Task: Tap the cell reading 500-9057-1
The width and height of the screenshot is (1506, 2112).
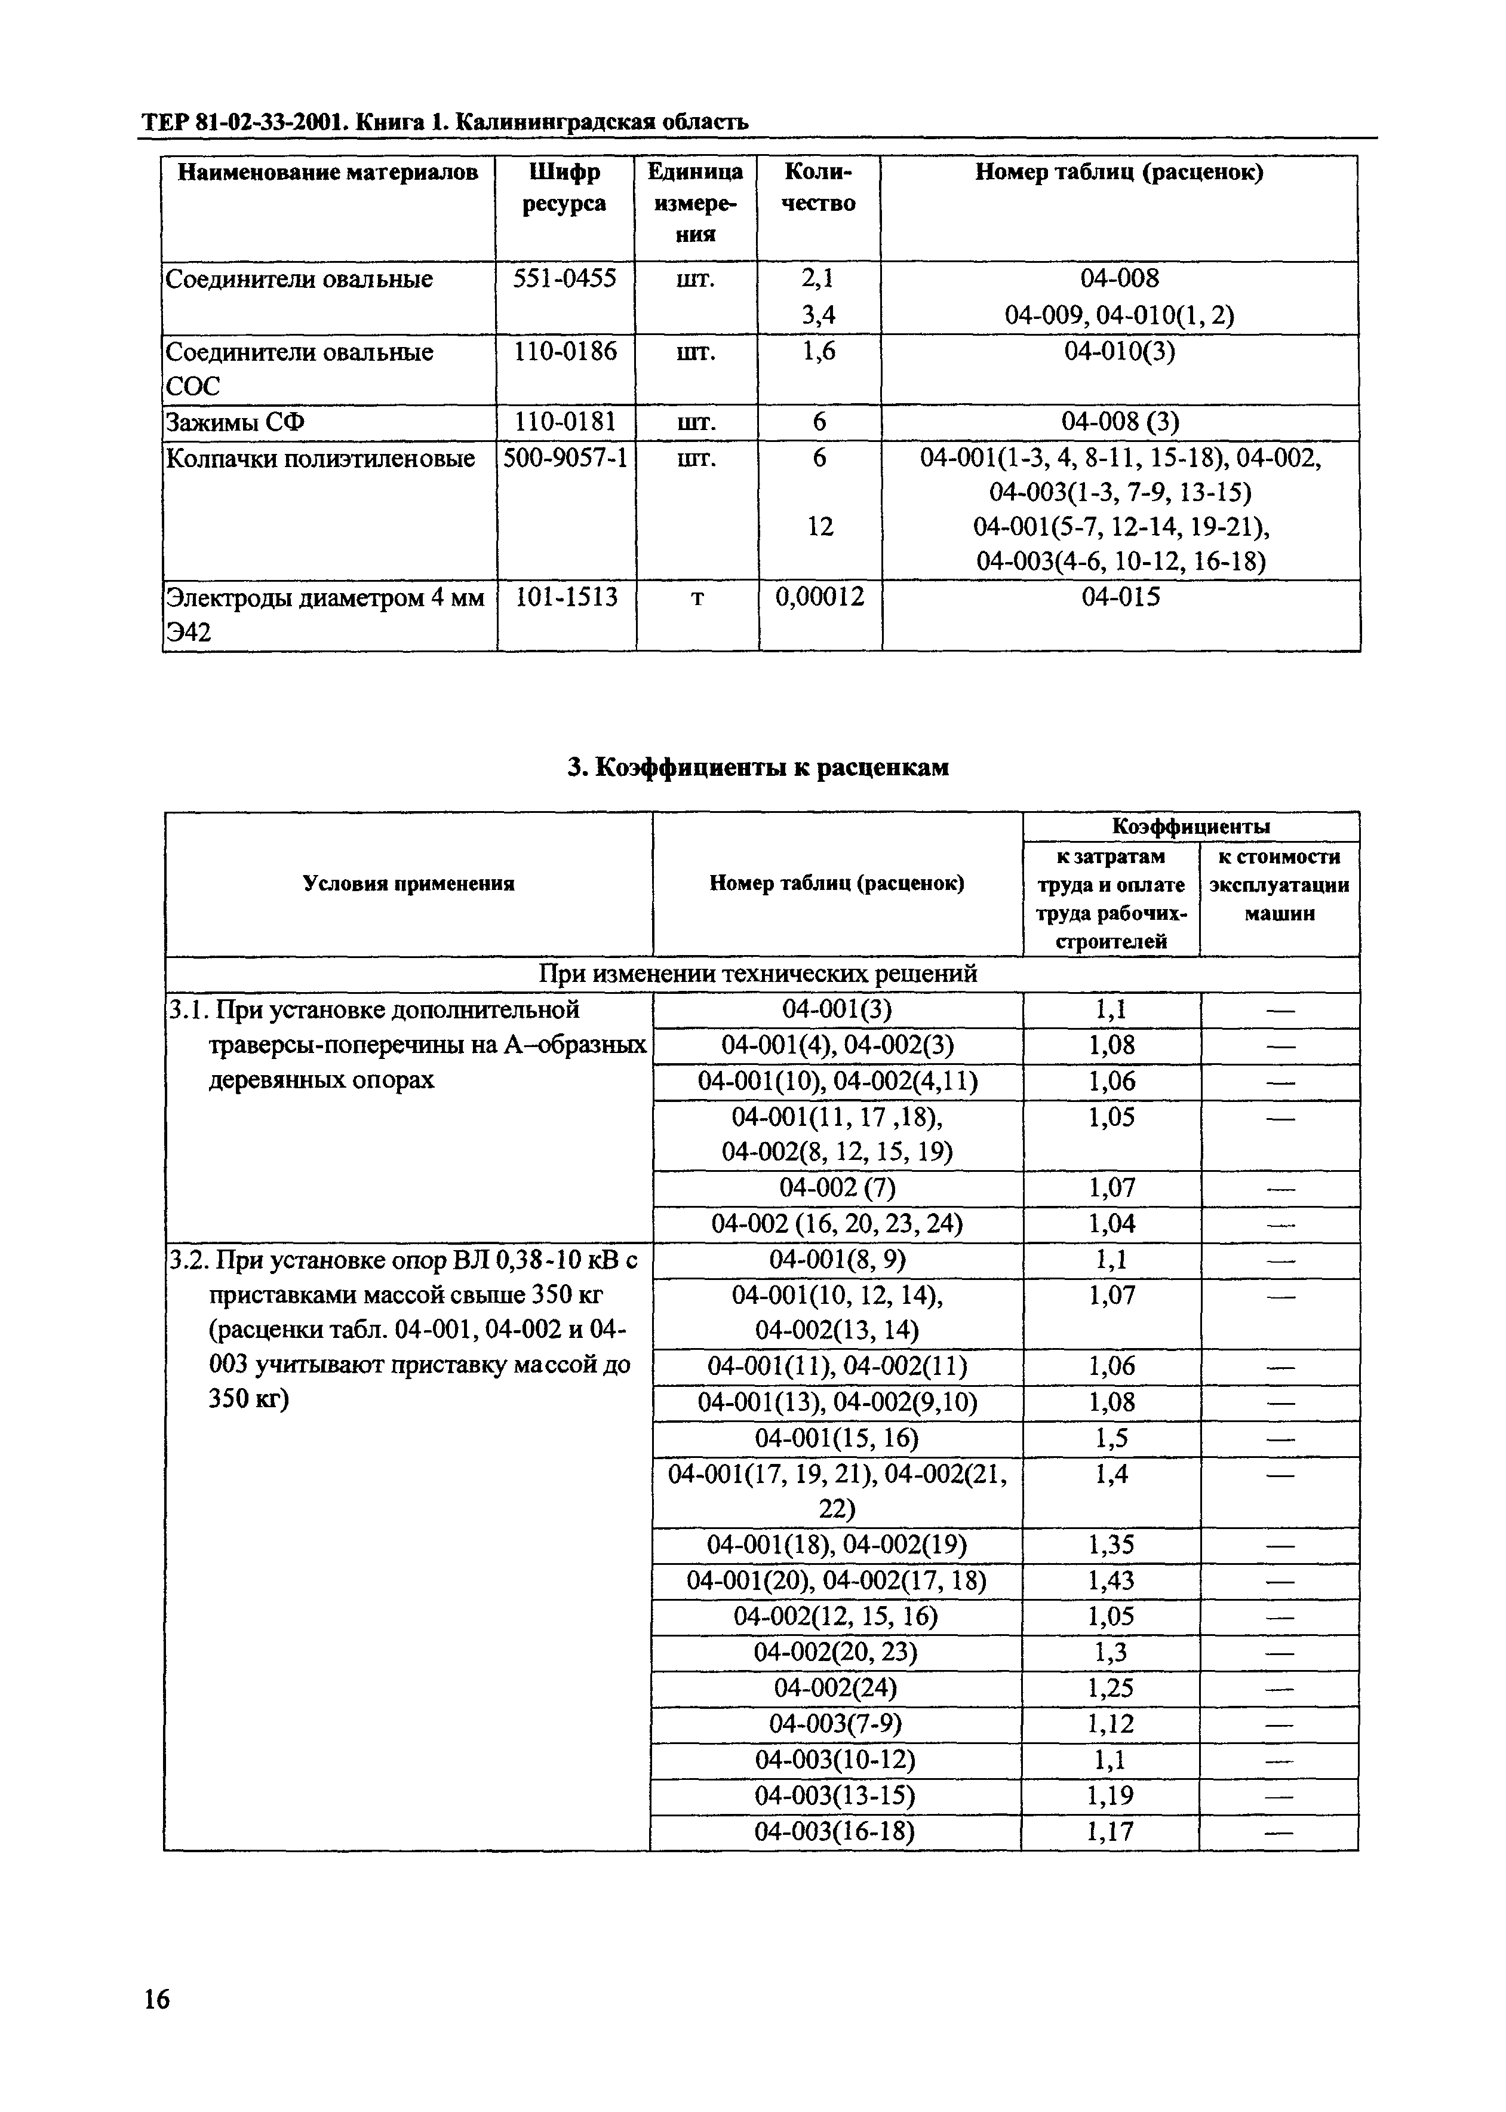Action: click(565, 458)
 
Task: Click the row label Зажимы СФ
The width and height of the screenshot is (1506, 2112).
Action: click(235, 423)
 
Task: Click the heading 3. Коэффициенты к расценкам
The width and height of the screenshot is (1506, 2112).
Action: click(758, 767)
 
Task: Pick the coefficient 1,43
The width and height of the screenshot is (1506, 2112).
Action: click(1110, 1580)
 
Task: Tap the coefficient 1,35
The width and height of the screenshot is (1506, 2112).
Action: click(1110, 1545)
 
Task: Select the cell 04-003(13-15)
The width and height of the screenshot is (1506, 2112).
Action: click(835, 1795)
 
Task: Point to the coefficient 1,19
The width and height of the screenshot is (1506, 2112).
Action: click(1110, 1795)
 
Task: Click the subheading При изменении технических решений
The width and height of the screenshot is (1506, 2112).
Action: click(758, 974)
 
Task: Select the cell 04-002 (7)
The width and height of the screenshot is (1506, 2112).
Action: click(837, 1188)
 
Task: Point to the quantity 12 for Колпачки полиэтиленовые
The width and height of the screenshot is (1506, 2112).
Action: click(820, 527)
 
